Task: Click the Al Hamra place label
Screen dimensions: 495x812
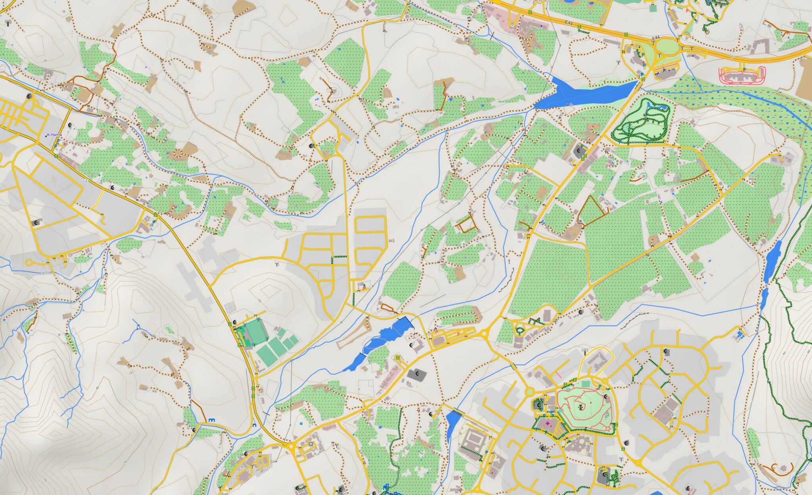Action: [54, 135]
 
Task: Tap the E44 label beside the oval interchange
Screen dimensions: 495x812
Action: [656, 38]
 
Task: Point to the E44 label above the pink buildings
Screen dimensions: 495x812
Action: [569, 24]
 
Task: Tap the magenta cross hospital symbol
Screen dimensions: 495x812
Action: [548, 424]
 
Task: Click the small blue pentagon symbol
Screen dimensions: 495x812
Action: [301, 424]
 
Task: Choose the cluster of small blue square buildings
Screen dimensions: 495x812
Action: [740, 334]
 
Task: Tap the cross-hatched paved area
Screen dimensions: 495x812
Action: [246, 472]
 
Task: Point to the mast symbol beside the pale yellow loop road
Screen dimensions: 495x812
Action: [585, 351]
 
